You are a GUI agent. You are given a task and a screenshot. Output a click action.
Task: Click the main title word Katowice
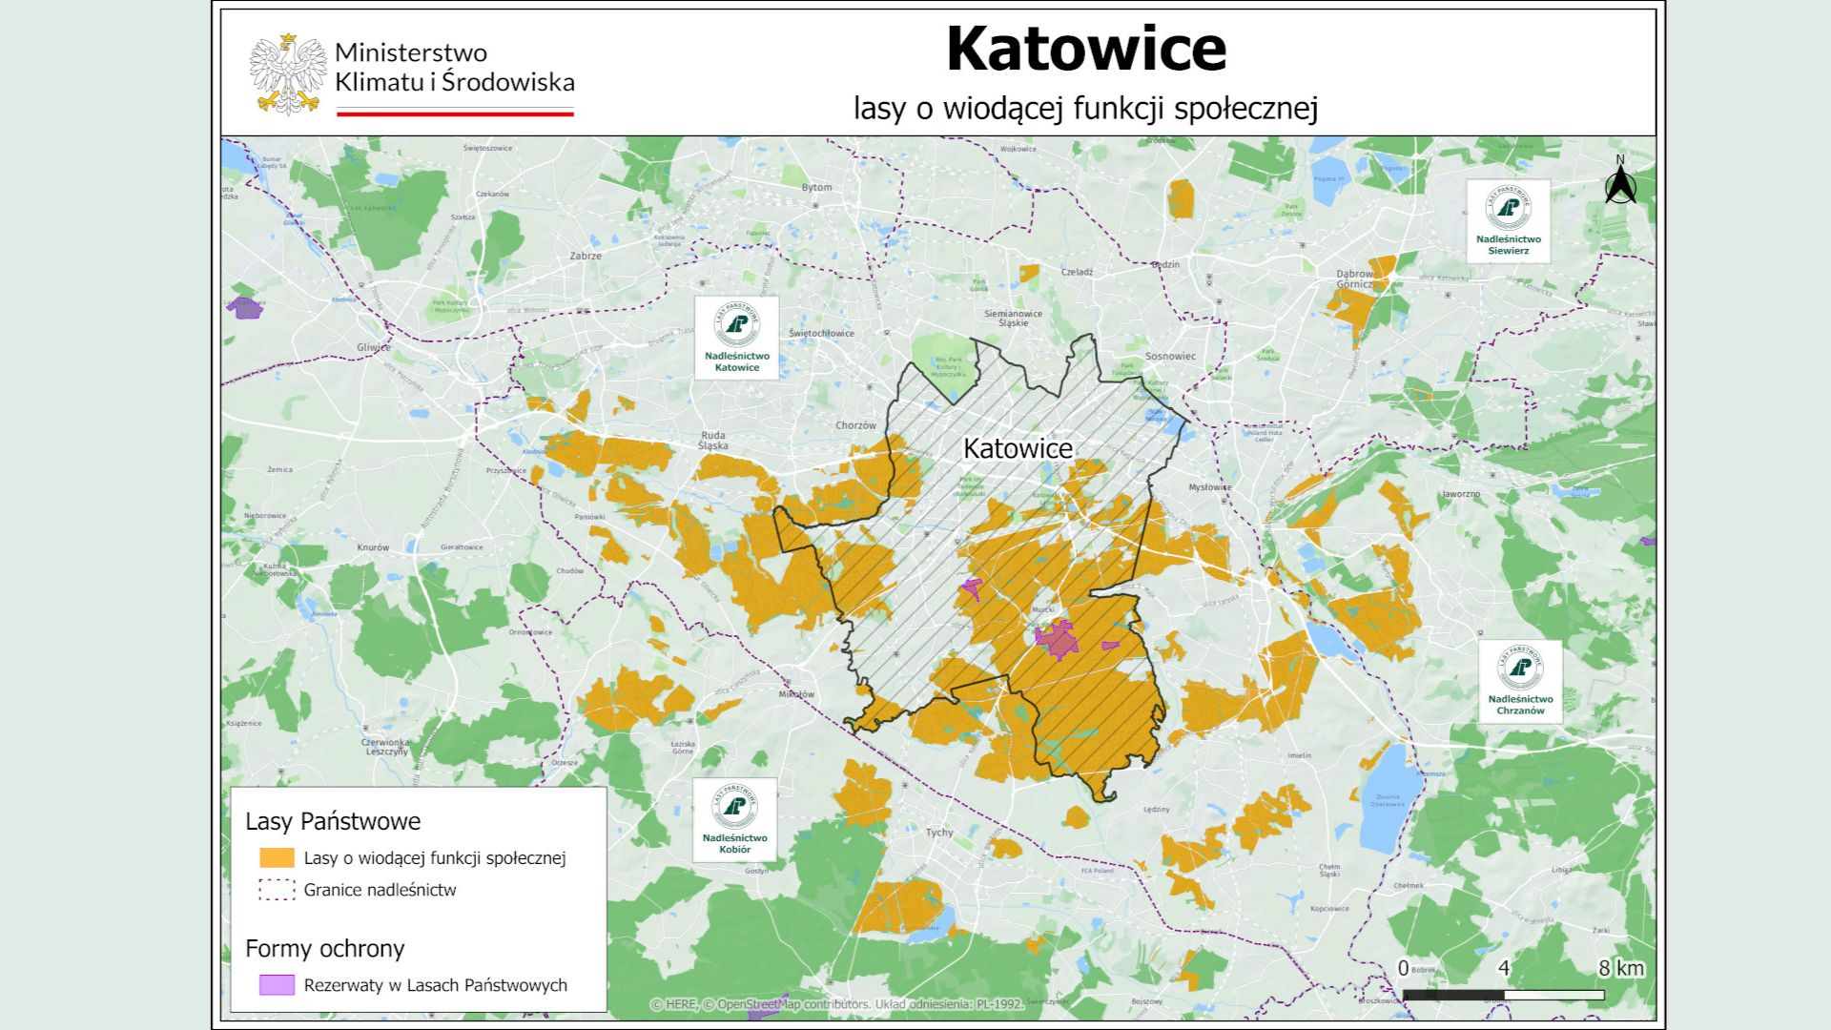coord(1085,50)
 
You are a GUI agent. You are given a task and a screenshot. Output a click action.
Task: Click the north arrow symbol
coord(1619,183)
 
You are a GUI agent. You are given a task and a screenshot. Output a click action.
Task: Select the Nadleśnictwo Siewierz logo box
coord(1508,220)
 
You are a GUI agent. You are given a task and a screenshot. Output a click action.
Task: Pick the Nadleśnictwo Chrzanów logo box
coord(1520,681)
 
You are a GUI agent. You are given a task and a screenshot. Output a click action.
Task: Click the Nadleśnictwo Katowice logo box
coord(736,338)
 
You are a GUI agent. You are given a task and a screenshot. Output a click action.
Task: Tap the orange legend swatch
coord(277,857)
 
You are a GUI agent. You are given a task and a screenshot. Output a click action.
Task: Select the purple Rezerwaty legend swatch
coord(277,984)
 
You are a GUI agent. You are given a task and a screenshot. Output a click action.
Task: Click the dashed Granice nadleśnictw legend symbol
coord(277,890)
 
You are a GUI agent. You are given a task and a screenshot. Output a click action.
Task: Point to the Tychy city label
coord(939,832)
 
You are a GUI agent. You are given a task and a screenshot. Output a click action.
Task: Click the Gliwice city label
coord(373,347)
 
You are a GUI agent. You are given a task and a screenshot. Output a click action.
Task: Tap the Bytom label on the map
coord(816,187)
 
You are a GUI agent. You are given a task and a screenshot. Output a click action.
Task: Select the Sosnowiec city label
coord(1170,356)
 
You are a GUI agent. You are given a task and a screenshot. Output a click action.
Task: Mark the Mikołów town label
coord(796,694)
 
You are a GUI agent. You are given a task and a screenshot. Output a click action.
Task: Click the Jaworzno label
coord(1461,494)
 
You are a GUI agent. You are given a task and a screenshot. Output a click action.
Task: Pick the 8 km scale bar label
coord(1621,968)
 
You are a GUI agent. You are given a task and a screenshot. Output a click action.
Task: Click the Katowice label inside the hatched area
coord(1018,448)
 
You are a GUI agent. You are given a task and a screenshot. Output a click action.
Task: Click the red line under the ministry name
coord(455,113)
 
